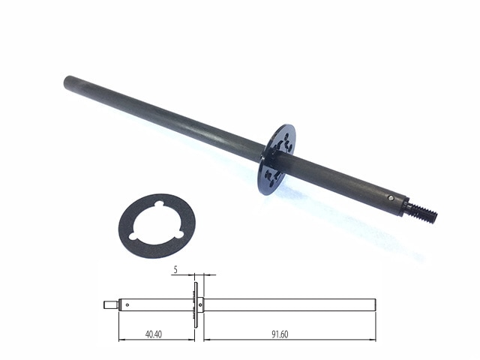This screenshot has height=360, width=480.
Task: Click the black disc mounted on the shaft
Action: (277, 159)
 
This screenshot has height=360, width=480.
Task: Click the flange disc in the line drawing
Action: (195, 304)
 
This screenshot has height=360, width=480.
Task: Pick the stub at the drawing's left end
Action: (109, 304)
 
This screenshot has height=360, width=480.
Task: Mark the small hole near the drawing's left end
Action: (127, 304)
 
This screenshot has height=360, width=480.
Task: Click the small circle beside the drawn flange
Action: (201, 304)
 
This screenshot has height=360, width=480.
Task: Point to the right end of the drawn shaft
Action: (373, 304)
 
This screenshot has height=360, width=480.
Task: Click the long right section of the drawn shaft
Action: (289, 304)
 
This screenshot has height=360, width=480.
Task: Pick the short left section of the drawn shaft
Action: (157, 304)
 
